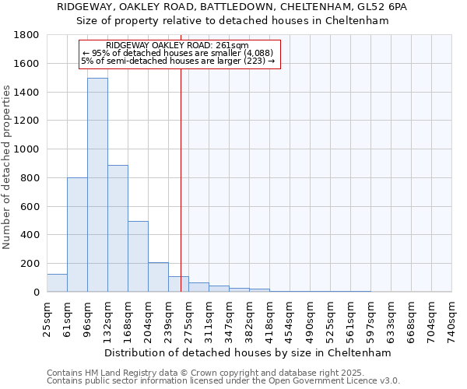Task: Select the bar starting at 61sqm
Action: (77, 234)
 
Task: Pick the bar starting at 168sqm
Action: (138, 256)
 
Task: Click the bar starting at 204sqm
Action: (158, 277)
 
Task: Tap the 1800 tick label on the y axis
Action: (27, 35)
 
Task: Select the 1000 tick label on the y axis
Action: (27, 149)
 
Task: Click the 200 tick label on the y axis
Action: (30, 264)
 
